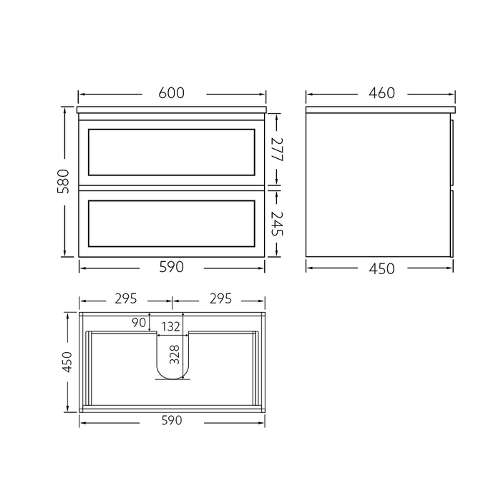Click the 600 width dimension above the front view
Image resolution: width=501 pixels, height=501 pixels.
[172, 93]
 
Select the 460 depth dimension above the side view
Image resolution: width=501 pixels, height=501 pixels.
[381, 93]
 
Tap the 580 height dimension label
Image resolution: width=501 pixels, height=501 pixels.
[64, 181]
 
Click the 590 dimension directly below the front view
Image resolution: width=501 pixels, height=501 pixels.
[172, 268]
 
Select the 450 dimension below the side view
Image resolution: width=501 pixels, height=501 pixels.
[381, 268]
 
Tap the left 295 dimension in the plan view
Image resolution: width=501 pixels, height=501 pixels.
[125, 299]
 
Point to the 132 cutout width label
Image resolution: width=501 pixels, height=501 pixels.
[170, 327]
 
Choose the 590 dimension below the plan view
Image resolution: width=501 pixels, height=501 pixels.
[172, 421]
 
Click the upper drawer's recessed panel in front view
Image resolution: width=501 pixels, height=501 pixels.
[171, 152]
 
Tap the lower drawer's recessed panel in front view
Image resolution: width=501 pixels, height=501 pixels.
[171, 223]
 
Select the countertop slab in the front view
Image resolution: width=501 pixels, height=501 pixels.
[172, 110]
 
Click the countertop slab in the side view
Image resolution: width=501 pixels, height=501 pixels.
[380, 110]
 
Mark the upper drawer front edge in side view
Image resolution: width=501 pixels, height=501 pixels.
[452, 152]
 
